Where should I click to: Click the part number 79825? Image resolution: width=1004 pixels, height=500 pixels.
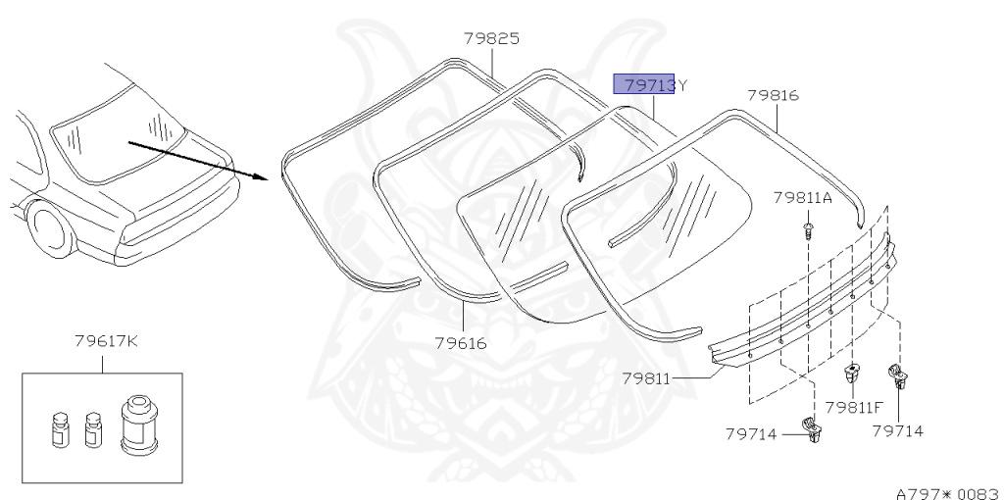pos(492,38)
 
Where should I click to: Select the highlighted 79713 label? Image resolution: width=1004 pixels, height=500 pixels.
pos(644,84)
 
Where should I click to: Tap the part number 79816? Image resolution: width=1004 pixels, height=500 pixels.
pos(774,95)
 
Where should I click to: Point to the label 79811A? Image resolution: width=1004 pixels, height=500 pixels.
pos(802,198)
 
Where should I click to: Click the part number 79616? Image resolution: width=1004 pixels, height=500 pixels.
pos(461,343)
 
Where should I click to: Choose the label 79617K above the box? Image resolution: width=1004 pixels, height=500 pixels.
pos(106,340)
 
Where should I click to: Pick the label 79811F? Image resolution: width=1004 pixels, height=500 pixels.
pos(854,407)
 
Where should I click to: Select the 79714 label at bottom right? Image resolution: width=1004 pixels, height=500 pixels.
pos(898,430)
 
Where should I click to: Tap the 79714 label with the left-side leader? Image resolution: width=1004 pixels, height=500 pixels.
pos(751,434)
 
